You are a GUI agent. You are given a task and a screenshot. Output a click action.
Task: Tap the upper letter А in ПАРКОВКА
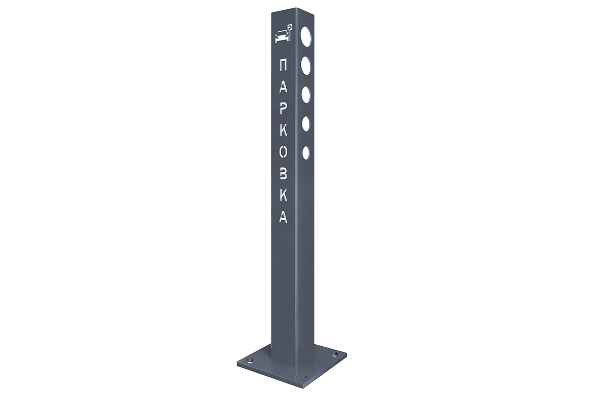pyautogui.click(x=283, y=87)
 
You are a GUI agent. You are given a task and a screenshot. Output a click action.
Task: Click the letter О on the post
pyautogui.click(x=283, y=152)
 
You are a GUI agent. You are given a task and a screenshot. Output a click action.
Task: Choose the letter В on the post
pyautogui.click(x=283, y=174)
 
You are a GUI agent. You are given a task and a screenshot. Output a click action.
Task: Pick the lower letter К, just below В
pyautogui.click(x=283, y=196)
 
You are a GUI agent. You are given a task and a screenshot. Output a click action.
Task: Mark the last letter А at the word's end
pyautogui.click(x=283, y=217)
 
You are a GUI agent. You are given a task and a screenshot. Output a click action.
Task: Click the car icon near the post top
pyautogui.click(x=281, y=36)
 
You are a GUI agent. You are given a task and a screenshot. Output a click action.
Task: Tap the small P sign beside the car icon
pyautogui.click(x=290, y=32)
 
